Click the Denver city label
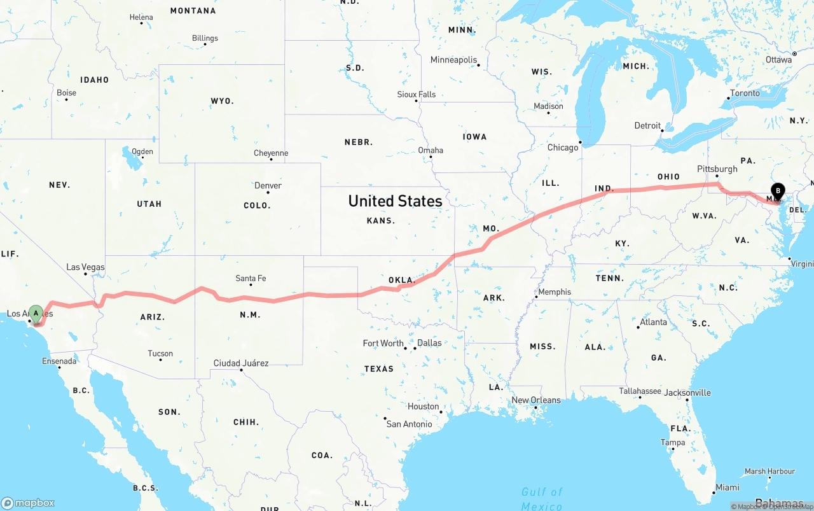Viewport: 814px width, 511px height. [x=268, y=186]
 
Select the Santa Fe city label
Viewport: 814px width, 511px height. [x=251, y=278]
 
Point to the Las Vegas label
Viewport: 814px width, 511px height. [x=85, y=267]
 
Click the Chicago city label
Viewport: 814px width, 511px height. [x=563, y=148]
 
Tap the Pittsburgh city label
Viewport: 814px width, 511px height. [x=717, y=169]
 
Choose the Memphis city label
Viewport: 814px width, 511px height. [x=555, y=292]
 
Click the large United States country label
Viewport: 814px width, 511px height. [x=395, y=201]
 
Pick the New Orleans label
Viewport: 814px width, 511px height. [x=536, y=400]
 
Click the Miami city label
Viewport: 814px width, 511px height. [x=727, y=487]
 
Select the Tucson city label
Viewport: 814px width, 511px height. [x=160, y=354]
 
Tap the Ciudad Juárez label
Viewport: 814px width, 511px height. [x=241, y=363]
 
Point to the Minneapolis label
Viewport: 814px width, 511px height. [x=453, y=60]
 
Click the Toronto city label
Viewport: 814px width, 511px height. [x=745, y=94]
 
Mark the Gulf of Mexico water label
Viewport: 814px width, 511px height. [x=542, y=498]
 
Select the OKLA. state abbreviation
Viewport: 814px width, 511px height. [x=401, y=280]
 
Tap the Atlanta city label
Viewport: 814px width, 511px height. [x=654, y=322]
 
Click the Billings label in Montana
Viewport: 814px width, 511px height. [x=205, y=38]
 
